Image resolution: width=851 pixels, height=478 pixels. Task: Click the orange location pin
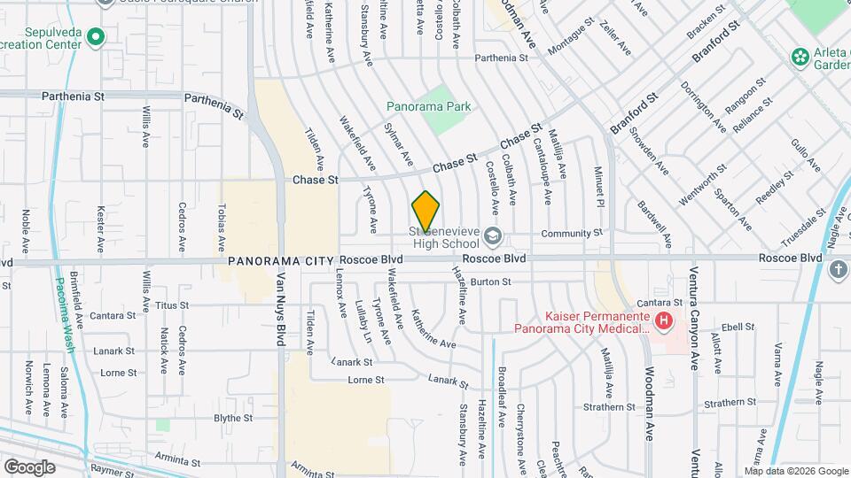425,212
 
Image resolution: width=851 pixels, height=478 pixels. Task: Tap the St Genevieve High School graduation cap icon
493,236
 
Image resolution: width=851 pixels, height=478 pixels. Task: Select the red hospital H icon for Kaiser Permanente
662,320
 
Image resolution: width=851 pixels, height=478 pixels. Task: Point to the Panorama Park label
429,106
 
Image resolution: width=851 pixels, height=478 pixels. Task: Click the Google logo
29,466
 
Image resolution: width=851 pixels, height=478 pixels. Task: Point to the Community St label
571,233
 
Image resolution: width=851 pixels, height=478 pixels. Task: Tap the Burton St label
491,282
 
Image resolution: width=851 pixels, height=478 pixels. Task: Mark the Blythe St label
233,418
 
